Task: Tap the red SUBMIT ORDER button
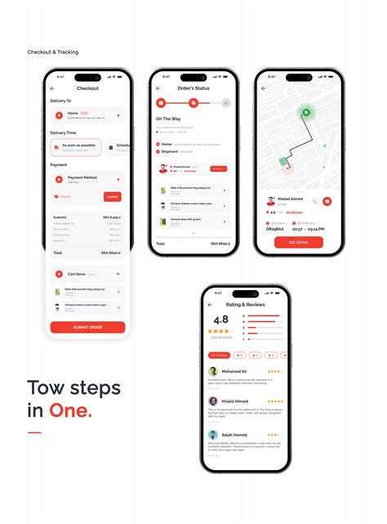(x=87, y=327)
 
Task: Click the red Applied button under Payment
(x=113, y=197)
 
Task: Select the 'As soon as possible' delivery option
(x=76, y=147)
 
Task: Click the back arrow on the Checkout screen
(x=53, y=87)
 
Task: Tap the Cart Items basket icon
(x=59, y=274)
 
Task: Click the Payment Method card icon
(x=59, y=178)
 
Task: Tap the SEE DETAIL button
(x=299, y=242)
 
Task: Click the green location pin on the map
(x=307, y=114)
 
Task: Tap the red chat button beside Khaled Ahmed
(x=327, y=200)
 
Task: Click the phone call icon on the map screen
(x=314, y=200)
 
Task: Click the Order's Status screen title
(x=193, y=87)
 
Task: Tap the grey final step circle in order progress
(x=226, y=103)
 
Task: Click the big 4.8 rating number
(x=220, y=320)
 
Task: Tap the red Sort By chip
(x=219, y=355)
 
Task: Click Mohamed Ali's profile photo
(x=213, y=371)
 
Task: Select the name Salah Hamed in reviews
(x=234, y=434)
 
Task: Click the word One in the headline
(x=71, y=410)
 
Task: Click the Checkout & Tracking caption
(x=53, y=52)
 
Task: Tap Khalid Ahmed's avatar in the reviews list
(x=213, y=401)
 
